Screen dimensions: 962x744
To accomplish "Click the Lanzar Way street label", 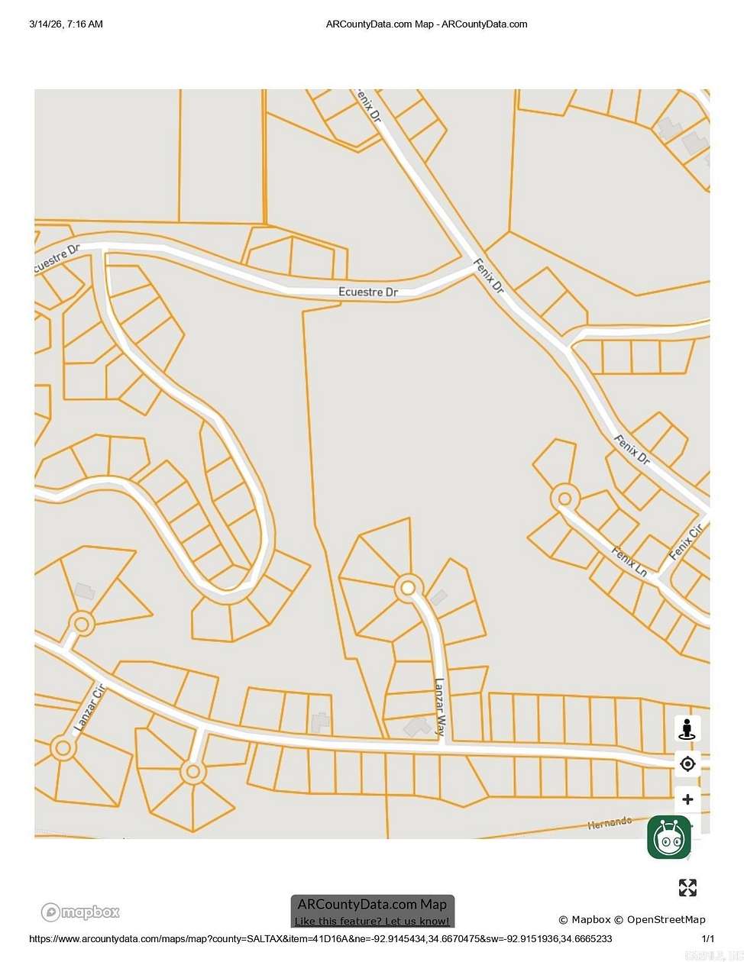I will (439, 706).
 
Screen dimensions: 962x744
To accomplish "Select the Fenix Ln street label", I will (629, 560).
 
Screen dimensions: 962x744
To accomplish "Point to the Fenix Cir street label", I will (685, 543).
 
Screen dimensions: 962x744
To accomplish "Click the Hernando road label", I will (610, 822).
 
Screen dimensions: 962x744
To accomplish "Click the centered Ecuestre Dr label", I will (368, 292).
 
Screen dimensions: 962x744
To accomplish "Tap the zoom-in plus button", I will (687, 799).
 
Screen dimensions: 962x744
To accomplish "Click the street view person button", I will (687, 729).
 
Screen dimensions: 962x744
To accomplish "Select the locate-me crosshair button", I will (687, 763).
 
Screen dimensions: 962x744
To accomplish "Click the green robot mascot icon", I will (669, 837).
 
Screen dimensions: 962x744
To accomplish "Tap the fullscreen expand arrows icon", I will (687, 887).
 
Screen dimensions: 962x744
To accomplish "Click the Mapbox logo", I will (80, 912).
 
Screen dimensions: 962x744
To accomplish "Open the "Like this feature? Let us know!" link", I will (372, 921).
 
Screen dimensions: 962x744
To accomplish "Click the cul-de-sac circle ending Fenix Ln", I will (564, 499).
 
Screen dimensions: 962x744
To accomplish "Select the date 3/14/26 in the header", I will (47, 24).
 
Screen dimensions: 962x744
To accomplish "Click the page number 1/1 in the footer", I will (708, 938).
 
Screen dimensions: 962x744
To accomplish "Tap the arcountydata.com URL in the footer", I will (320, 938).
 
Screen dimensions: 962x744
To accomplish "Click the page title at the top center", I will (426, 24).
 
